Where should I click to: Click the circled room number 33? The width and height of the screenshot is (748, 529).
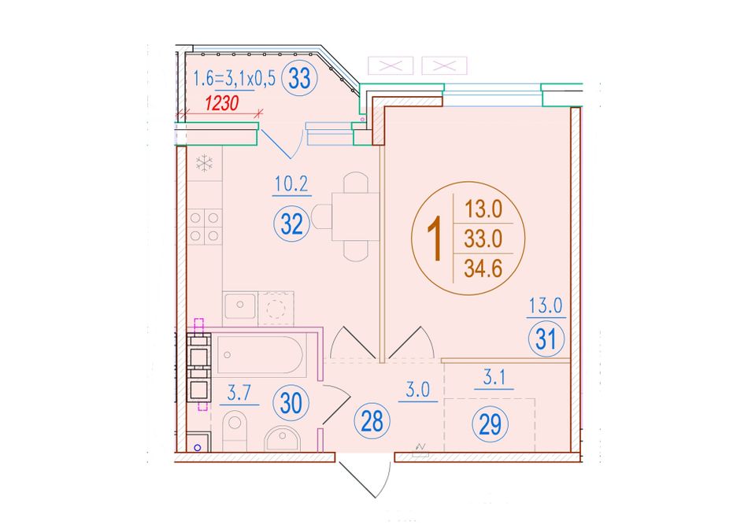coord(299,78)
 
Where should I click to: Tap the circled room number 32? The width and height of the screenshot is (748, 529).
coord(291,224)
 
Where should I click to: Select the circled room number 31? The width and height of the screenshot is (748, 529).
coord(546,339)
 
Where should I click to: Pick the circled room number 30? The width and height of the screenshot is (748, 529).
coord(291,403)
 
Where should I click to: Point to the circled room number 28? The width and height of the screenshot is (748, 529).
coord(372,421)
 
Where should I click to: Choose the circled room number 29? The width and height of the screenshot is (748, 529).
coord(490,424)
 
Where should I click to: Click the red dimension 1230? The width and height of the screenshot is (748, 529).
coord(221,103)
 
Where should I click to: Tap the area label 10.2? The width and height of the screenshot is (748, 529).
coord(291,183)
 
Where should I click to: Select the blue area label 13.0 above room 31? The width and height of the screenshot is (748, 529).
coord(546,305)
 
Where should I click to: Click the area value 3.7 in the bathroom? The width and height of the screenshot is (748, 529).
coord(239,393)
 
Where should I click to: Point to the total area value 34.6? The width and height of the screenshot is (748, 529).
coord(483,268)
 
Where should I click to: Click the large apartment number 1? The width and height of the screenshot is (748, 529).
coord(434,239)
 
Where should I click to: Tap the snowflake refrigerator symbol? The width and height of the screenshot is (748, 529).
coord(205,163)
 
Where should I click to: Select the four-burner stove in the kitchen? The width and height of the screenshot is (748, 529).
coord(204,227)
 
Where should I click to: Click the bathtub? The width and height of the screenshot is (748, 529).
coord(260,354)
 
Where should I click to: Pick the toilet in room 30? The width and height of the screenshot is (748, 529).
coord(235,428)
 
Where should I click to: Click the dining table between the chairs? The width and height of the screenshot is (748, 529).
coord(355,216)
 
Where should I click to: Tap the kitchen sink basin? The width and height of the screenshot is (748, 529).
coord(240,305)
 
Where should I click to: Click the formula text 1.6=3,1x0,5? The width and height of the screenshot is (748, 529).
coord(234,78)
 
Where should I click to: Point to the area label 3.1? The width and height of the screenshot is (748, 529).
coord(494,378)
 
